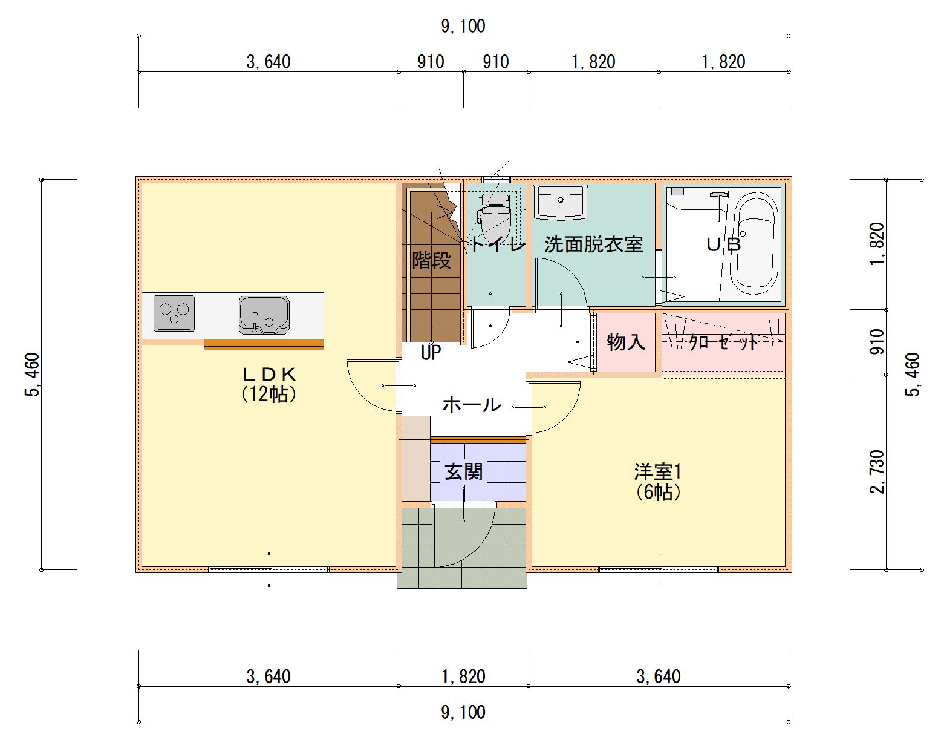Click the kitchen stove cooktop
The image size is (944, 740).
(x=174, y=313)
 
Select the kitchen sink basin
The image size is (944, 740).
(x=264, y=315)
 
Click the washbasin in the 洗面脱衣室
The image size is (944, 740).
(x=561, y=203)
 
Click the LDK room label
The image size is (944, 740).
(x=269, y=374)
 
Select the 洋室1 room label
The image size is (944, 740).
(x=658, y=471)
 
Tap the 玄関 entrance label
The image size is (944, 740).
(x=463, y=471)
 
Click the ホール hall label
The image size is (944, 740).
(x=472, y=405)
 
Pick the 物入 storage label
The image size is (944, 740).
(x=625, y=341)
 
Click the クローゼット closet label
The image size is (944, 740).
(x=723, y=342)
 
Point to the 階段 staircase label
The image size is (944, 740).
(x=431, y=261)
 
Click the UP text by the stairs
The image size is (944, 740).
(x=431, y=353)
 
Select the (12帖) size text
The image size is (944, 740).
(x=269, y=394)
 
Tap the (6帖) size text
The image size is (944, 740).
(x=658, y=492)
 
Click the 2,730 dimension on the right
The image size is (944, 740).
(x=877, y=472)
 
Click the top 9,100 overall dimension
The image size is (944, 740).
(x=463, y=26)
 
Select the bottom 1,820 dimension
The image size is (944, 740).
(x=463, y=676)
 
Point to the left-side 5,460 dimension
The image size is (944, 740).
(x=32, y=375)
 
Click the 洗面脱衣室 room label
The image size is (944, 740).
(x=593, y=244)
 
